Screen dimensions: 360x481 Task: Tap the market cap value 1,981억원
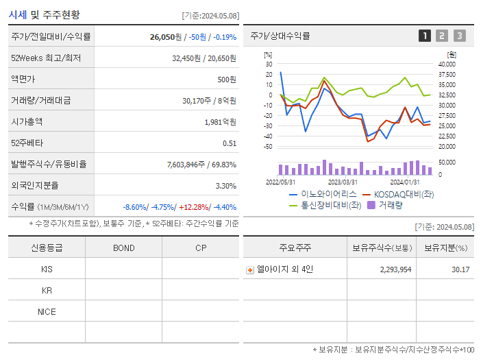tap(220, 122)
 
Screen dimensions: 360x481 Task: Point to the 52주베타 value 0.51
tap(230, 143)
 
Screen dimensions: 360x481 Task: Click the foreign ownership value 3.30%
tap(225, 186)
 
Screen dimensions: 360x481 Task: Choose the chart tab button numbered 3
tap(459, 36)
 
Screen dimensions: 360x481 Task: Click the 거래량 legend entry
tap(388, 204)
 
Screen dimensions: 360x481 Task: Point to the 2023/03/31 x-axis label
tap(343, 182)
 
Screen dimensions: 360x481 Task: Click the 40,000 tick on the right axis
tap(446, 64)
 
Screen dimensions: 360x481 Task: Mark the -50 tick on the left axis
tap(268, 147)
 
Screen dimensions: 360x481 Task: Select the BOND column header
tap(123, 248)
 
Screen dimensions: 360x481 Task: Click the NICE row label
tap(47, 312)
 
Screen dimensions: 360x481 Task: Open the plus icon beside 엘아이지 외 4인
tap(249, 269)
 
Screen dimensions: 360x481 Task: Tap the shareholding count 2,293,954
tap(395, 269)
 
